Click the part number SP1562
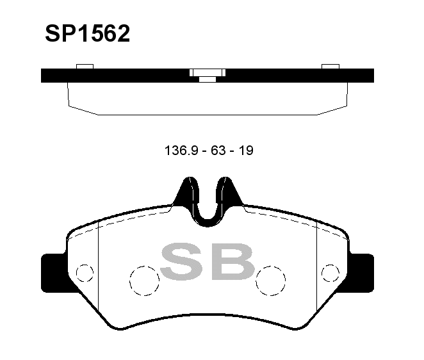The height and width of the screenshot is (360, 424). (87, 33)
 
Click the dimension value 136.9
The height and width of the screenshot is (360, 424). (181, 151)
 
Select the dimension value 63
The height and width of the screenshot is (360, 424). (218, 151)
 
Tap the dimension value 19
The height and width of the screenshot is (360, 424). (246, 151)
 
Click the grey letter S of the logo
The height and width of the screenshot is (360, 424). (182, 261)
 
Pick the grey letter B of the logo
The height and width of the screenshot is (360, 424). (232, 261)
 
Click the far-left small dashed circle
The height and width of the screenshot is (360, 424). (85, 273)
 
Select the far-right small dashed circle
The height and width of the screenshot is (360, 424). (330, 273)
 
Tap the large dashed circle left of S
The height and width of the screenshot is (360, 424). (144, 281)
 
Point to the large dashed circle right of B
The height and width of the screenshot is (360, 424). (271, 281)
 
